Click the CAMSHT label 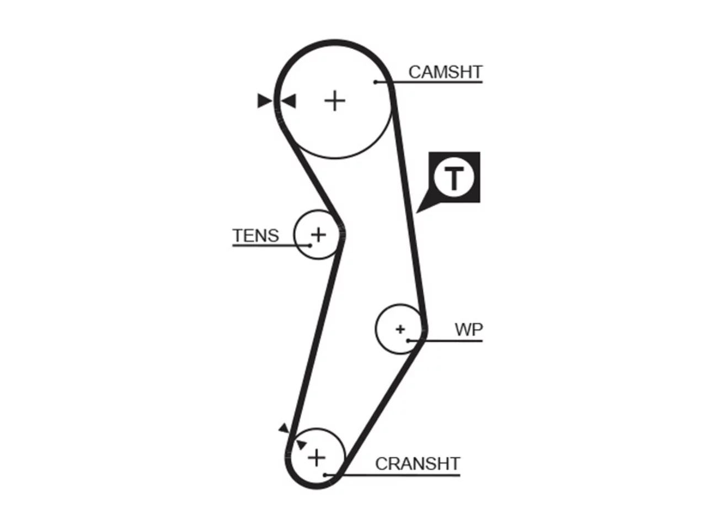click(445, 72)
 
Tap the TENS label click(255, 235)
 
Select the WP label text click(469, 330)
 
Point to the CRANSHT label click(418, 464)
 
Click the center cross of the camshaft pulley click(335, 101)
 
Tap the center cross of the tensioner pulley click(318, 235)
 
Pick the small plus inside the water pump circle click(400, 329)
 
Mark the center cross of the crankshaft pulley click(317, 458)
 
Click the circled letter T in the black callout click(453, 177)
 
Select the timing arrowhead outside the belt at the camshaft click(264, 100)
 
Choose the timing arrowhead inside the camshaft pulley click(288, 101)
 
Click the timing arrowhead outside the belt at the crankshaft click(284, 428)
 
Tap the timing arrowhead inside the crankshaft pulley click(301, 445)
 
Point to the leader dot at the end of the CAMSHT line click(376, 82)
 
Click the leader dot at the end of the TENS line click(310, 246)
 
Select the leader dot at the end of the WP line click(408, 341)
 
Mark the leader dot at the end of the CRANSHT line click(325, 475)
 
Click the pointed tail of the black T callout click(416, 213)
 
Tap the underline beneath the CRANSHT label click(392, 475)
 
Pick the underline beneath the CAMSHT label click(429, 82)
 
